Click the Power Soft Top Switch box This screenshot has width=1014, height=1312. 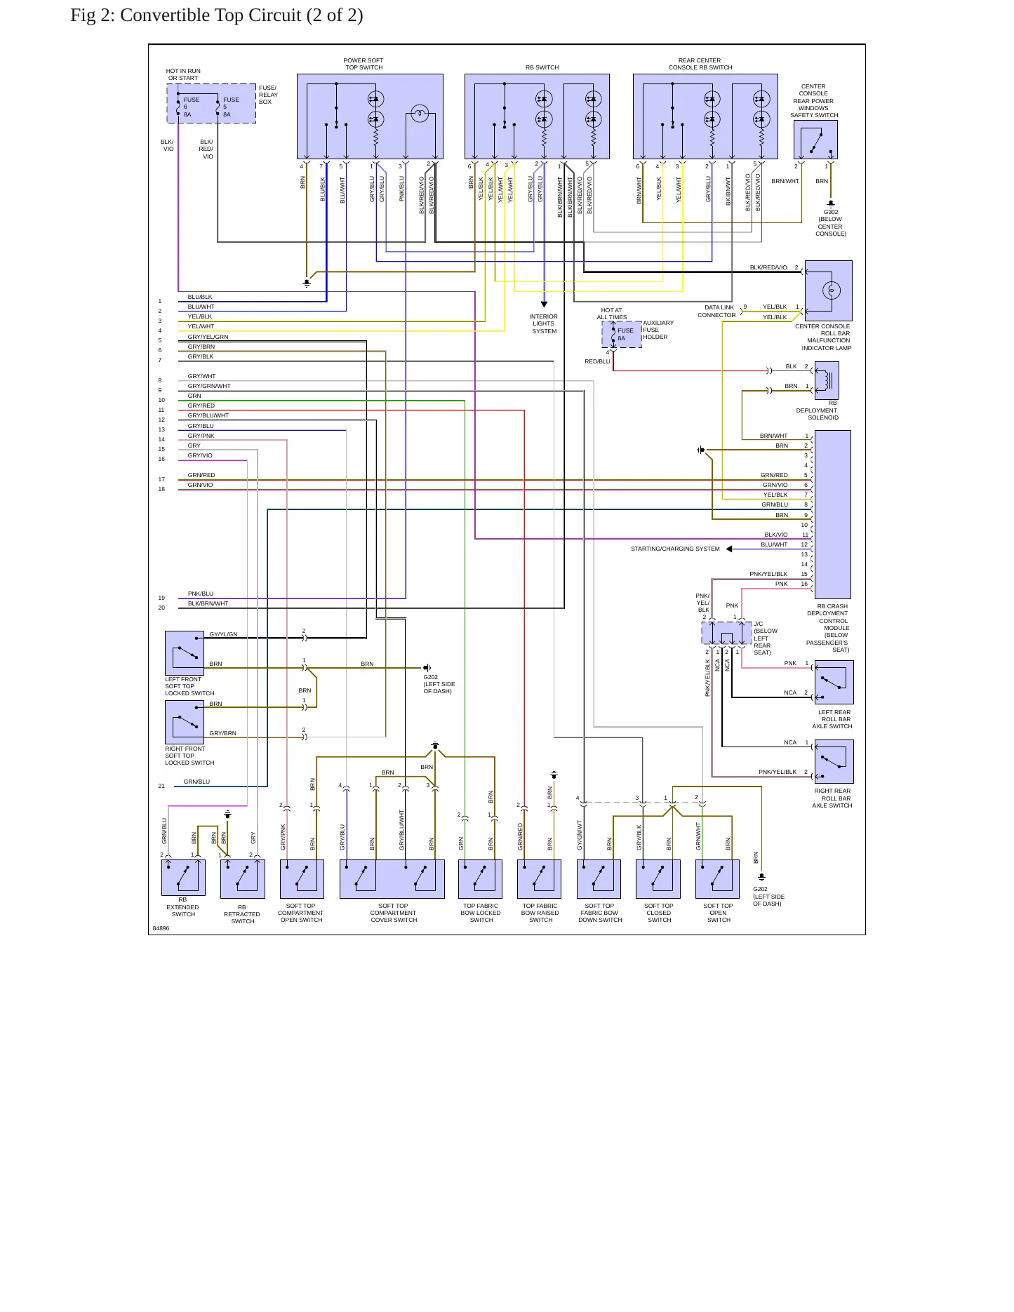(x=370, y=116)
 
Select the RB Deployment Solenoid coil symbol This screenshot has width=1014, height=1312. (x=829, y=380)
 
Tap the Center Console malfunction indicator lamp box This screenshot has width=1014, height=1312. (x=829, y=290)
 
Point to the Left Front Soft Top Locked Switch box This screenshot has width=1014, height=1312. (x=185, y=652)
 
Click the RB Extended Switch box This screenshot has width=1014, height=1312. (x=183, y=878)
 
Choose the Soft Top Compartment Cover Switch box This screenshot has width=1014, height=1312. (x=392, y=879)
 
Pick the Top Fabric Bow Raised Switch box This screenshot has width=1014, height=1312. (x=540, y=879)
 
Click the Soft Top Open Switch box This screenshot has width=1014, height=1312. (x=718, y=879)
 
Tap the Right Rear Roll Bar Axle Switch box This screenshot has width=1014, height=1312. (x=834, y=761)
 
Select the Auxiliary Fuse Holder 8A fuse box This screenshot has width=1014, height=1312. (x=622, y=334)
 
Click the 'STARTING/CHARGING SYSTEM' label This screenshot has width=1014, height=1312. (x=675, y=549)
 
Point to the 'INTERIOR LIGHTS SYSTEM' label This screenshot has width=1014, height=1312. (x=544, y=323)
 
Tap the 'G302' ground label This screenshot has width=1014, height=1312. (x=831, y=212)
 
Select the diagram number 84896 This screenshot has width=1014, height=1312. (x=161, y=928)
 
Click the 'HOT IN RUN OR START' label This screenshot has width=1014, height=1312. (x=183, y=74)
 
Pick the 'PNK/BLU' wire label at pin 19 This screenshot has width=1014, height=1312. (x=201, y=594)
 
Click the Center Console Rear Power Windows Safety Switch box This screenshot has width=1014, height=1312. (x=815, y=140)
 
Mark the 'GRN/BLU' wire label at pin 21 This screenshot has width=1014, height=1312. (x=196, y=782)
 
